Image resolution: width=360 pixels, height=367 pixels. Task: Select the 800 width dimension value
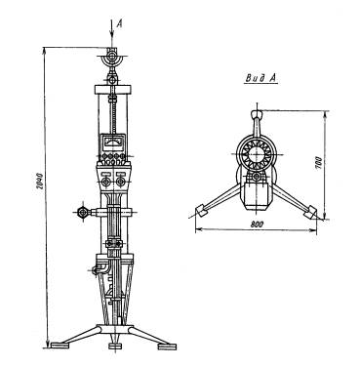pyautogui.click(x=257, y=224)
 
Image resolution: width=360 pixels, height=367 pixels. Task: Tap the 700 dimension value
pyautogui.click(x=319, y=163)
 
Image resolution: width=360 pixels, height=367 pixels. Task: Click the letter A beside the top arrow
pyautogui.click(x=119, y=23)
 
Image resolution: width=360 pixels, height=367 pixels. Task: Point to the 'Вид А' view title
pyautogui.click(x=261, y=78)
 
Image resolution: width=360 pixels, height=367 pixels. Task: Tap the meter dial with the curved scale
pyautogui.click(x=111, y=143)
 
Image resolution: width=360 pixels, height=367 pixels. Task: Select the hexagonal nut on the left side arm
pyautogui.click(x=82, y=213)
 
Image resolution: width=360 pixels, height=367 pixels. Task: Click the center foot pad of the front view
pyautogui.click(x=114, y=347)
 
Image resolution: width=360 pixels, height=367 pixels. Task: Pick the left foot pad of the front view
pyautogui.click(x=60, y=346)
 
